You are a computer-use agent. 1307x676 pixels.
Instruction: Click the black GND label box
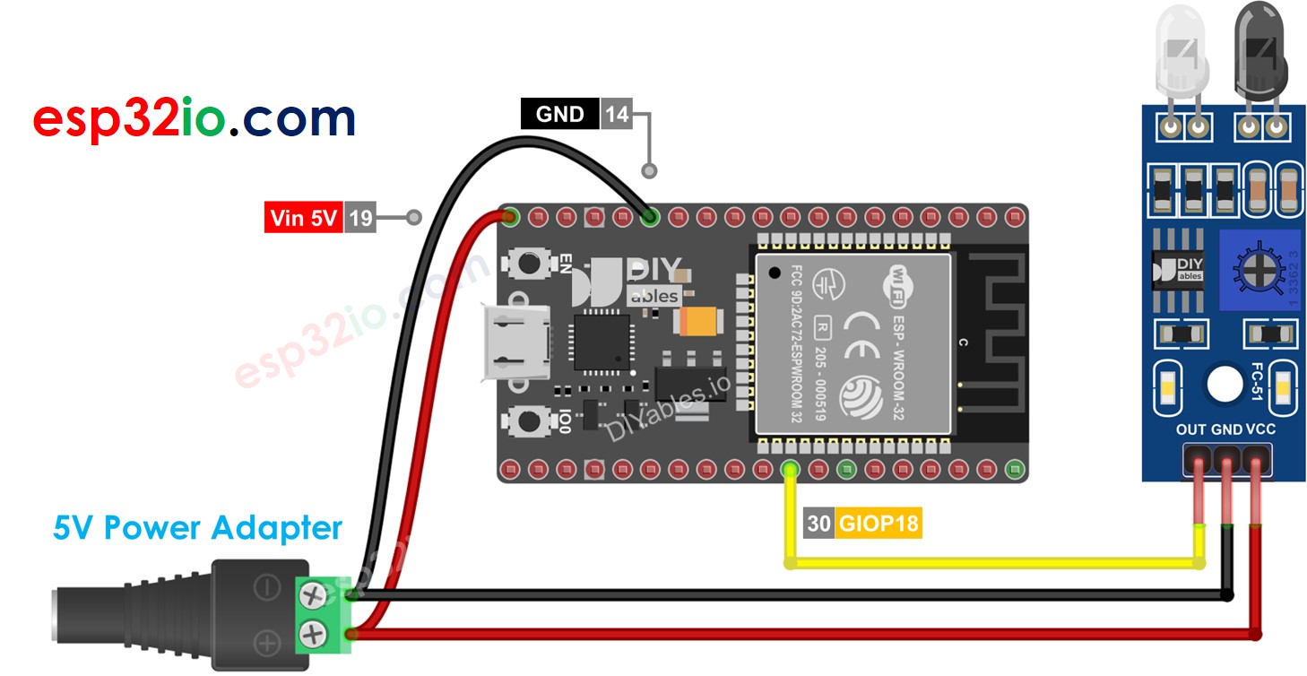(559, 114)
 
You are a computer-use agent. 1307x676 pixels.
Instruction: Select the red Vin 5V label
(304, 218)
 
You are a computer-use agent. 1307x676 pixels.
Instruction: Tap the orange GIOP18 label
(879, 524)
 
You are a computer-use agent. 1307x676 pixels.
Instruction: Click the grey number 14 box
(616, 114)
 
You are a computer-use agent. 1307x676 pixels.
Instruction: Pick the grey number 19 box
(360, 218)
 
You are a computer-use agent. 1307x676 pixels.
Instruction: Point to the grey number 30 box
(819, 524)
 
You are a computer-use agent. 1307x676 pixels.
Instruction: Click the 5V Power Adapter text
(197, 527)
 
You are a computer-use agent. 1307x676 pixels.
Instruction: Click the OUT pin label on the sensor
(1191, 429)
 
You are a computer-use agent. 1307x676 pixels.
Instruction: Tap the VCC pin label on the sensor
(1260, 429)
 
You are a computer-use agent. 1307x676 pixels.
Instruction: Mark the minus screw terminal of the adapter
(313, 594)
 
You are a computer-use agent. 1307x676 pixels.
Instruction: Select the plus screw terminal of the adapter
(313, 634)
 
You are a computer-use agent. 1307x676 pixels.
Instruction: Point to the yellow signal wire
(986, 564)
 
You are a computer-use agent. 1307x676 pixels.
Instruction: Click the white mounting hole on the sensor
(1224, 384)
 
